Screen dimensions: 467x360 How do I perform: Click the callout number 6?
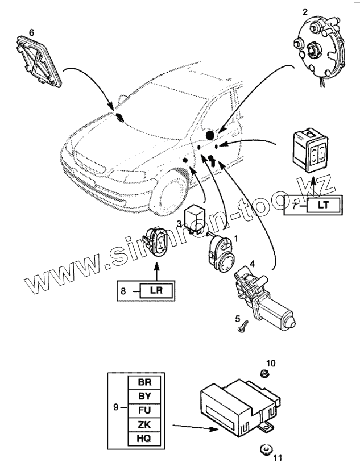click(x=31, y=32)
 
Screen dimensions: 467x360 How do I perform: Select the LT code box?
click(x=322, y=205)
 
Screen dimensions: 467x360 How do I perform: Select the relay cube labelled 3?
click(x=198, y=212)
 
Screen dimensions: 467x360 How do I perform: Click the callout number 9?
click(x=115, y=407)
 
